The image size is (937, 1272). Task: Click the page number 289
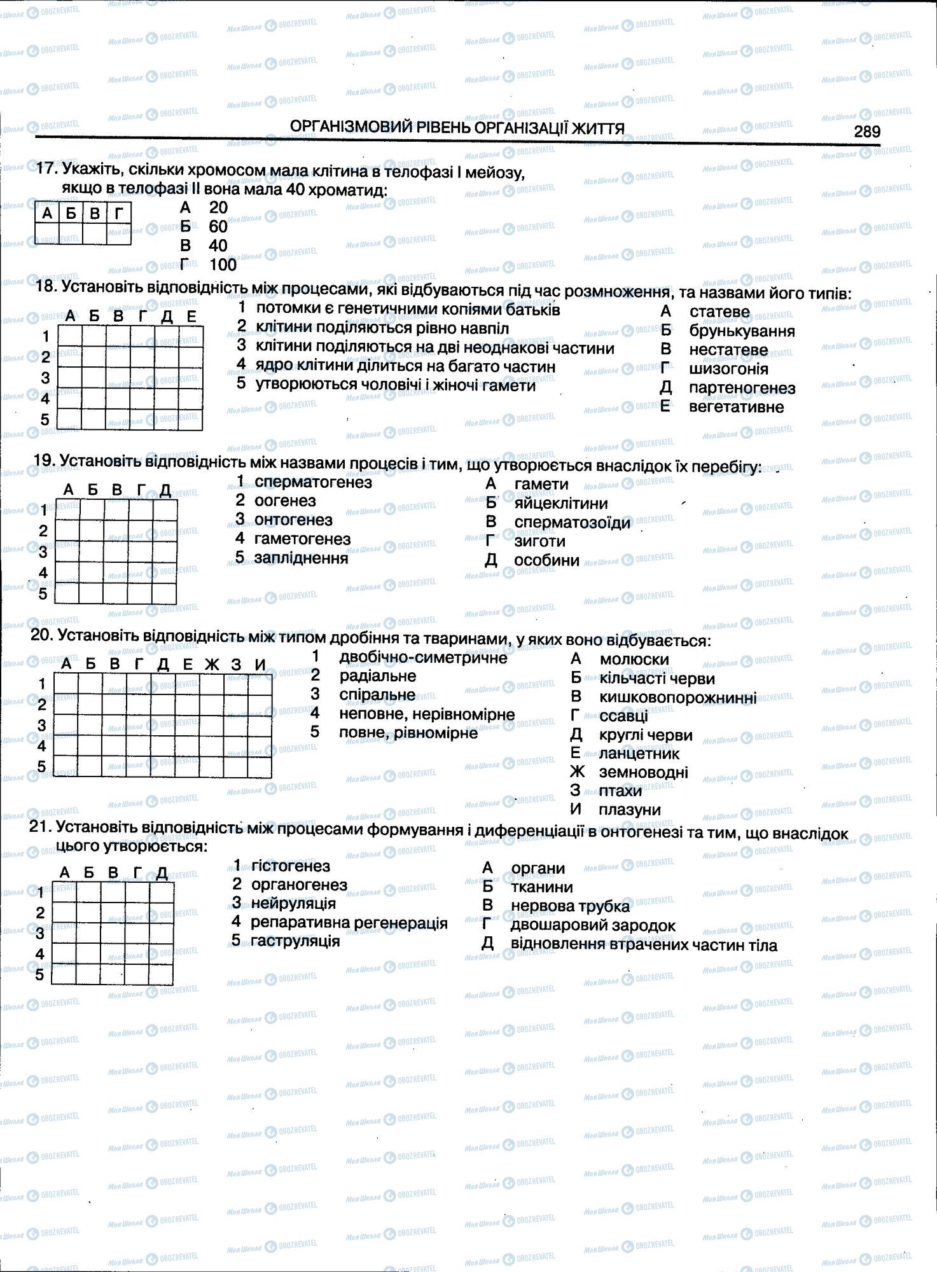867,131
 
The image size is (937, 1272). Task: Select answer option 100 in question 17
223,265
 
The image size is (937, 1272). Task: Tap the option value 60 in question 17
218,226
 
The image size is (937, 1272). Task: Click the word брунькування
742,331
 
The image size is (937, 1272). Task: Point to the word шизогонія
728,369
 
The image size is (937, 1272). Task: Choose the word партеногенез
742,388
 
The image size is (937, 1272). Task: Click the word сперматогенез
313,482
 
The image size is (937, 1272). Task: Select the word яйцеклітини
561,503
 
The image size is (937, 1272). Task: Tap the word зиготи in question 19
539,541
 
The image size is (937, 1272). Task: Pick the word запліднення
301,558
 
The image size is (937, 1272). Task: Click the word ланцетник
639,754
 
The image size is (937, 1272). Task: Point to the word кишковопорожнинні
677,698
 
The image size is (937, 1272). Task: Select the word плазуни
629,810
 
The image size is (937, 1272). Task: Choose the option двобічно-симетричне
423,658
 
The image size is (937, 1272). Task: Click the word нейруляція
293,903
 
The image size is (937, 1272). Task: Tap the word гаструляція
295,941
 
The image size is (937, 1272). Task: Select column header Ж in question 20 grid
212,665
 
